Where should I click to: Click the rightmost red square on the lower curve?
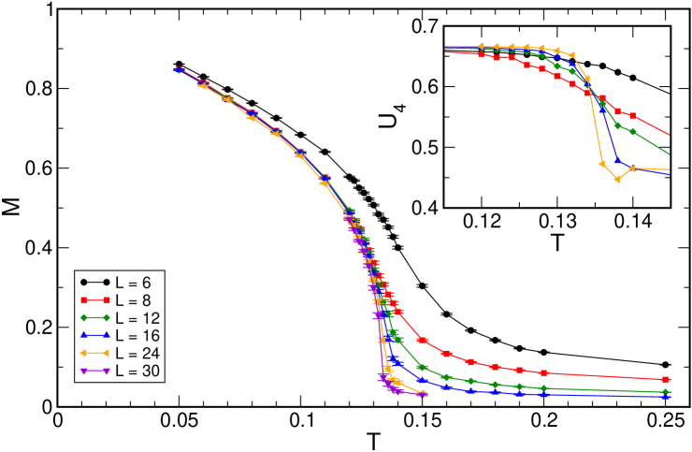pyautogui.click(x=666, y=379)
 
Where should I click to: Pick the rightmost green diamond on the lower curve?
pyautogui.click(x=666, y=392)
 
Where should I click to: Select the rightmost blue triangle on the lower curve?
pyautogui.click(x=666, y=397)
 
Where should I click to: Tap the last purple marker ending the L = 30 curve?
pyautogui.click(x=424, y=394)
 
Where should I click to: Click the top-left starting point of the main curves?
pyautogui.click(x=178, y=69)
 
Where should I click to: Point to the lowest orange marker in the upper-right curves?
pyautogui.click(x=617, y=179)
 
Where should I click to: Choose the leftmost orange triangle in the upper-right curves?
pyautogui.click(x=481, y=46)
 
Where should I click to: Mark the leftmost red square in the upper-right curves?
pyautogui.click(x=482, y=55)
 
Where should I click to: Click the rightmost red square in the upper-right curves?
pyautogui.click(x=633, y=116)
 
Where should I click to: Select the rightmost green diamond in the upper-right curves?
pyautogui.click(x=633, y=132)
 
